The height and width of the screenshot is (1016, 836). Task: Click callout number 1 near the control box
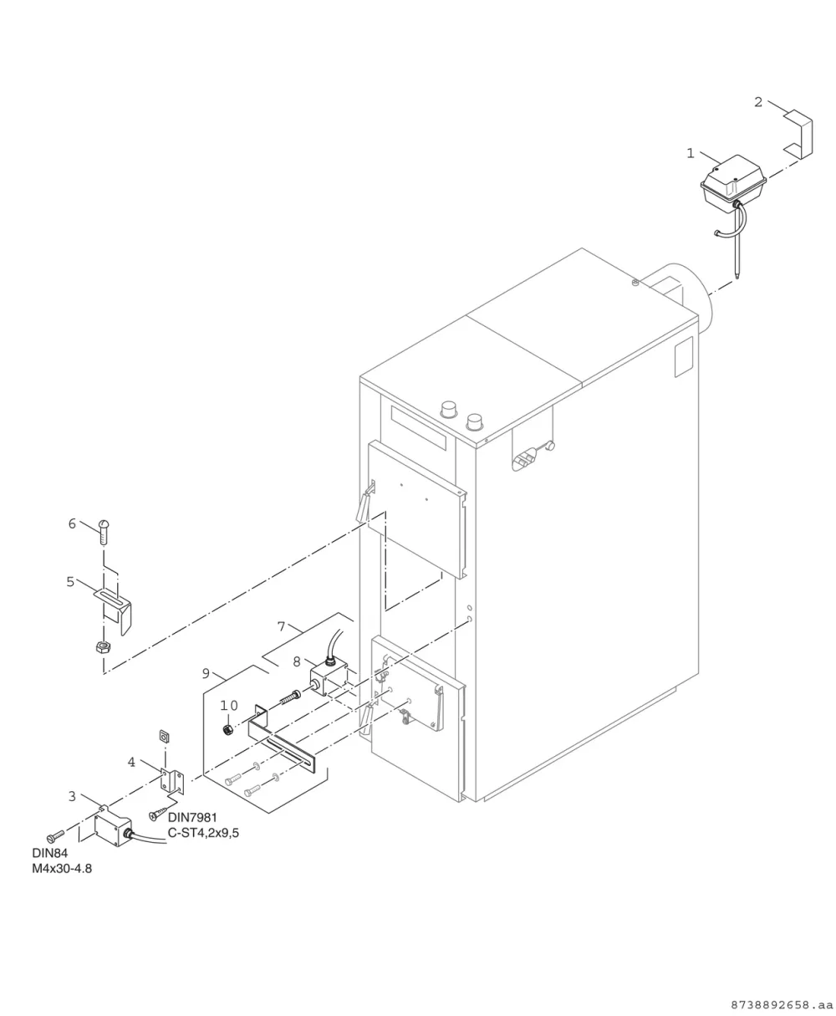tap(691, 153)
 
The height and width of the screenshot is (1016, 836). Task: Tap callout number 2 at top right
tap(758, 102)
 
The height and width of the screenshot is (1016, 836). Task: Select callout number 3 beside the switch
tap(72, 796)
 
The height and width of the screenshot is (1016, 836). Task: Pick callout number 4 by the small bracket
tap(131, 762)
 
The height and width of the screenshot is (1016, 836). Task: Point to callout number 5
tap(70, 582)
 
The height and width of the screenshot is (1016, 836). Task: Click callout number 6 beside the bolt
tap(72, 523)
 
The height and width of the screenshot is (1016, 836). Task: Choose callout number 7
tap(282, 627)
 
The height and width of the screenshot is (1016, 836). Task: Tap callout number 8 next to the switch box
tap(297, 662)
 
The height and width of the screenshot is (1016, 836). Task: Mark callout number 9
tap(206, 673)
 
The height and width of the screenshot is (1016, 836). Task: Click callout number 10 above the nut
tap(229, 706)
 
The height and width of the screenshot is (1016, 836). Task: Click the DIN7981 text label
tap(192, 818)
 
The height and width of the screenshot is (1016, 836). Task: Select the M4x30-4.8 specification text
tap(62, 869)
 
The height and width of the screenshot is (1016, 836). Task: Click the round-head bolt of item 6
tap(104, 532)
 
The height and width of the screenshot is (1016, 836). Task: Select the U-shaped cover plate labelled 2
tap(799, 135)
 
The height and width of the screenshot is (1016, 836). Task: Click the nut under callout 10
tap(227, 730)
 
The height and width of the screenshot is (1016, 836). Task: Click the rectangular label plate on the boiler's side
tap(683, 357)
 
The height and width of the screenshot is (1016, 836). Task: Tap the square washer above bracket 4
tap(165, 736)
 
